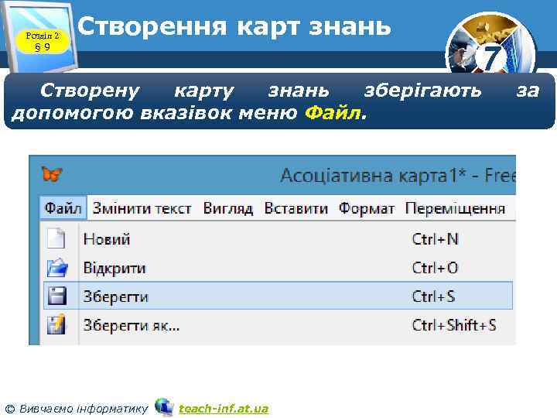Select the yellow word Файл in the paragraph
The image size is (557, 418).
[x=333, y=114]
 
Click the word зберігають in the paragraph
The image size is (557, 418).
[x=422, y=91]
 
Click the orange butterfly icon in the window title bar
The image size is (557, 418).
[x=52, y=174]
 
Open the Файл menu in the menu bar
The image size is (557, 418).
[x=63, y=208]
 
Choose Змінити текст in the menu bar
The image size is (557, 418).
[x=142, y=208]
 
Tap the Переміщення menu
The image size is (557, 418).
[x=455, y=208]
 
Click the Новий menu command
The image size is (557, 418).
[x=107, y=239]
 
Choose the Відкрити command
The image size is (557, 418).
[x=114, y=268]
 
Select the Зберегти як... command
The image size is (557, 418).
[x=132, y=325]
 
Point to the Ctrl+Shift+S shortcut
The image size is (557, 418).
[x=454, y=325]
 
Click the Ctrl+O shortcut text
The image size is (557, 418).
[x=435, y=268]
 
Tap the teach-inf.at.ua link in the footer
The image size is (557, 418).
[x=224, y=408]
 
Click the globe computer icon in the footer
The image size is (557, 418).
[x=164, y=406]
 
